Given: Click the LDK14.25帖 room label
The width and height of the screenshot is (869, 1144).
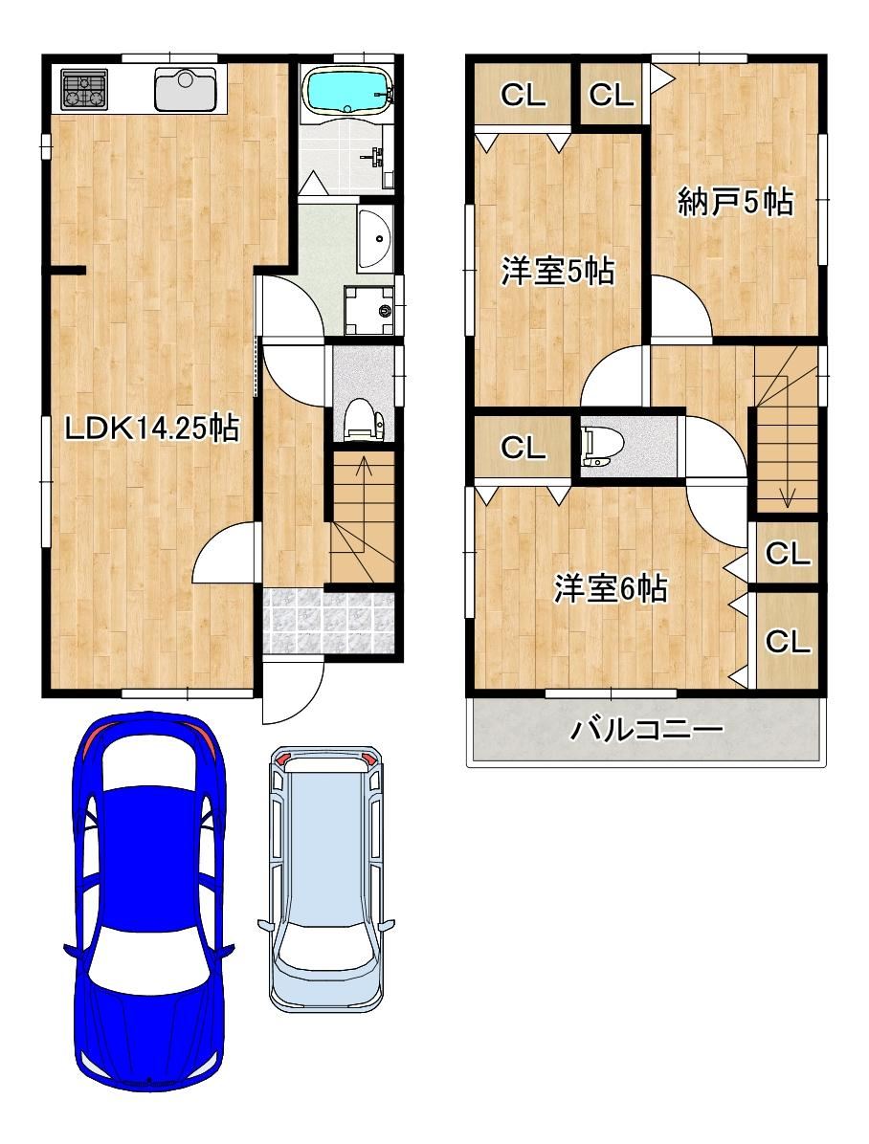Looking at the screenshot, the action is pos(152,429).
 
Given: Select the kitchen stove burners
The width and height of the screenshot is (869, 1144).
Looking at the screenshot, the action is pos(84,88).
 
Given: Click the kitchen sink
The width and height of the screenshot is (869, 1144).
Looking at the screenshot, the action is pos(186,89).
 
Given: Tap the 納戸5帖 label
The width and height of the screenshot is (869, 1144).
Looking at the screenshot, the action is pos(735,201).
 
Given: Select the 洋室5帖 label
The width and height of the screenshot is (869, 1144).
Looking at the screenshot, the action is pos(557,272).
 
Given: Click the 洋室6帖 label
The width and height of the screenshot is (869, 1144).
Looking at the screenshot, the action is pos(611,588).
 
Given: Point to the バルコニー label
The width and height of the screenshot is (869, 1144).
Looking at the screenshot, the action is pos(647,728).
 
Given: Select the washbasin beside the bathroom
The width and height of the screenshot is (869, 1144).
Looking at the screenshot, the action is pos(375,235).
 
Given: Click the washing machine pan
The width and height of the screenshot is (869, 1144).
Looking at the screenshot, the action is pos(369,309).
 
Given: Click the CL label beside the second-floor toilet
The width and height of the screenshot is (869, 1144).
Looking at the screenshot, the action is pos(523,447).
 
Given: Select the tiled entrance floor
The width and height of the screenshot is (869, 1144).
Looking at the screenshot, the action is pos(328,623).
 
